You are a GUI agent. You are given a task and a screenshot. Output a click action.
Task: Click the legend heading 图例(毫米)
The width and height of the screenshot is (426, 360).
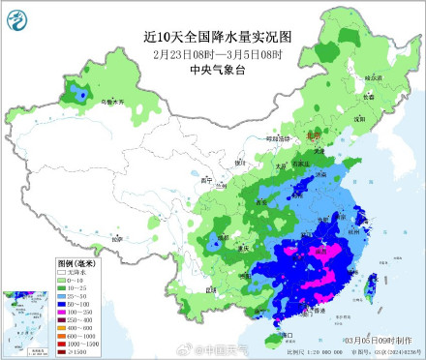(x=75, y=263)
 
